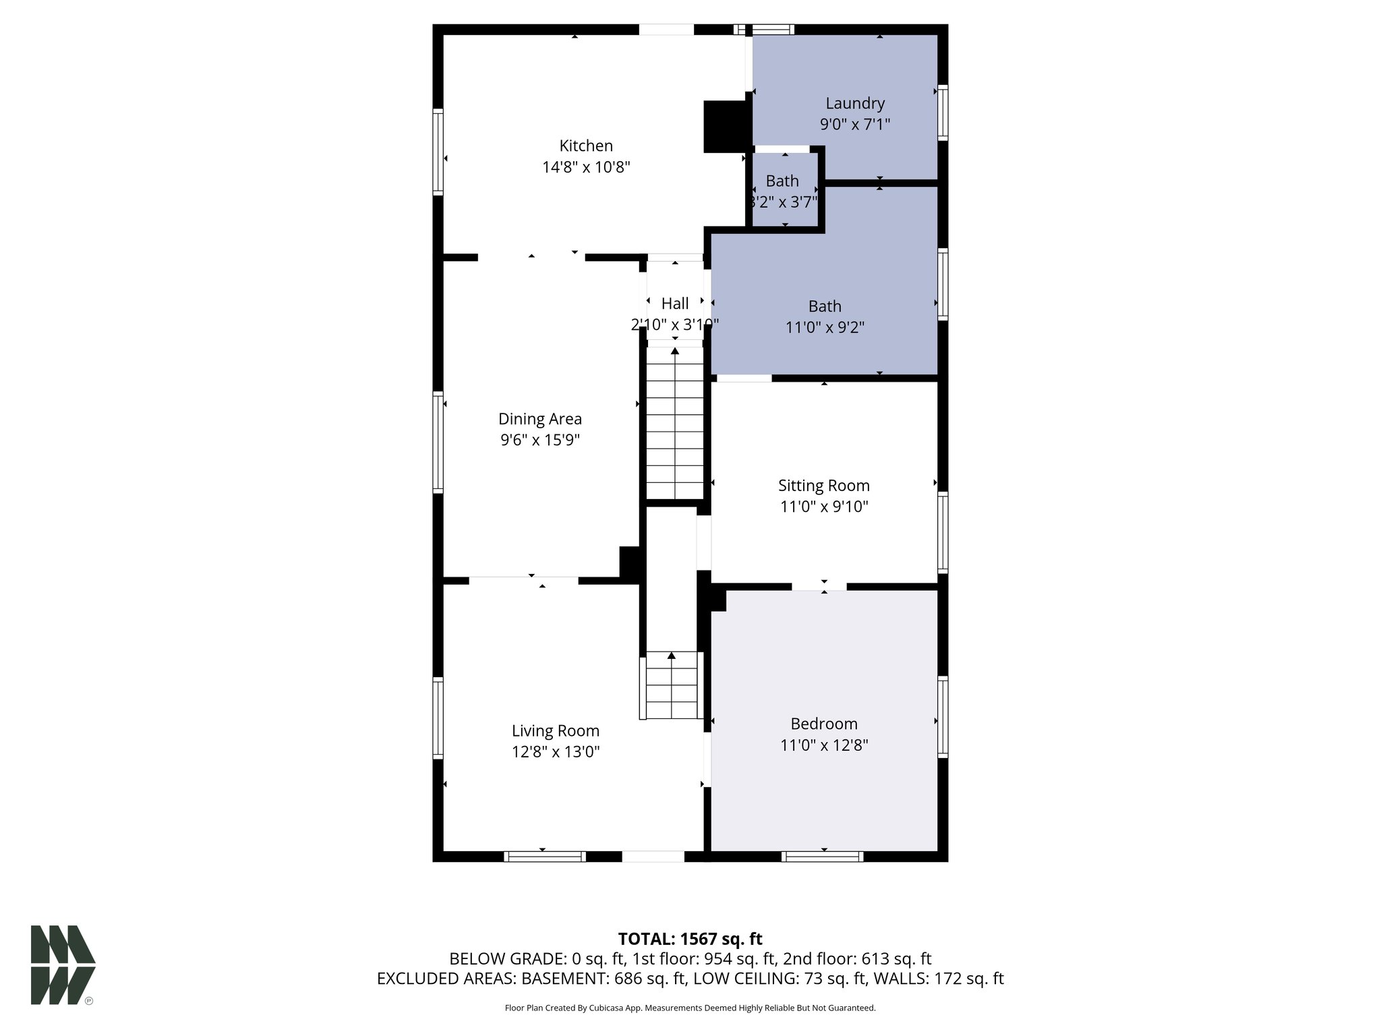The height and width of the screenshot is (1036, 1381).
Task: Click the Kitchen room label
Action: coord(586,146)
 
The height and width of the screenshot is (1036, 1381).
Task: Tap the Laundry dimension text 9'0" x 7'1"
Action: coord(854,125)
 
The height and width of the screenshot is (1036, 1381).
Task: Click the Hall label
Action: coord(675,304)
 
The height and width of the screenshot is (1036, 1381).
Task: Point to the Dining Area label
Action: coord(539,419)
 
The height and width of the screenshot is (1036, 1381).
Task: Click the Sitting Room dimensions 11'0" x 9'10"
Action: coord(824,507)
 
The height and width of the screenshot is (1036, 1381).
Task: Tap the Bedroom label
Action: coord(824,724)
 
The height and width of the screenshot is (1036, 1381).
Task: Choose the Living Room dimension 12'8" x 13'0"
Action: coord(555,751)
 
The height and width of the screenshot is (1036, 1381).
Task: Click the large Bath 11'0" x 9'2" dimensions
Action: coord(825,328)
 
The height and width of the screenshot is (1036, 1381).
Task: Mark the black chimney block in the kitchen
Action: coord(725,126)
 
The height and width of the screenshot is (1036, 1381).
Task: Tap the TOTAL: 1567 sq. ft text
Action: coord(690,939)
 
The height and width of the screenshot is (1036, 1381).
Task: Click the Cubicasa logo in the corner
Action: coord(63,965)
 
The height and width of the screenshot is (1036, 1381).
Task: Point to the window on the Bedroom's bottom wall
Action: coord(822,857)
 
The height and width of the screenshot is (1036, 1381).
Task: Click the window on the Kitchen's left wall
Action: coord(438,152)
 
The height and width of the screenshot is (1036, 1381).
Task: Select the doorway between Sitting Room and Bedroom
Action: coord(819,586)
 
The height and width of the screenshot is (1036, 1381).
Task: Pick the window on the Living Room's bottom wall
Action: coord(544,857)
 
